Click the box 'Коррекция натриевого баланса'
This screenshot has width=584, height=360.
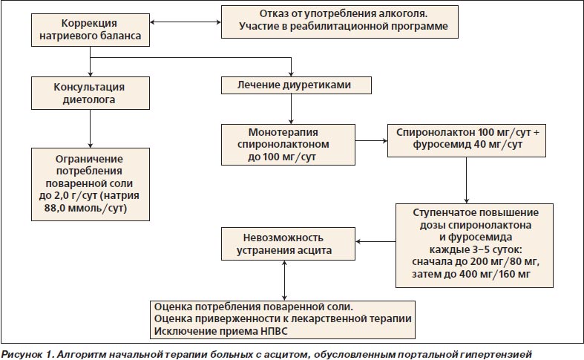(x=90, y=30)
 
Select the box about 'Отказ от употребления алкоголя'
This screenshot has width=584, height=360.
(x=340, y=22)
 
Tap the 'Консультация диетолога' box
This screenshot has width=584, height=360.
(x=90, y=94)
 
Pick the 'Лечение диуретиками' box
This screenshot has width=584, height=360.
(x=296, y=85)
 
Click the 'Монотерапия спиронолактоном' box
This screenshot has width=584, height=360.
(x=288, y=145)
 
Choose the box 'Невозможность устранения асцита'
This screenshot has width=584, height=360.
(x=288, y=243)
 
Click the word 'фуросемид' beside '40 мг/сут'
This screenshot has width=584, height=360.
(x=436, y=145)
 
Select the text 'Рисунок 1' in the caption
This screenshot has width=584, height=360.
(x=27, y=354)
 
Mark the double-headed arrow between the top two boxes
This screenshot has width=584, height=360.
(x=186, y=22)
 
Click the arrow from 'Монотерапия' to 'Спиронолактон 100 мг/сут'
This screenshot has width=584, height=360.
(x=371, y=141)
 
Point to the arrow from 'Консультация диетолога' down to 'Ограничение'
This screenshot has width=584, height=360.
(x=90, y=128)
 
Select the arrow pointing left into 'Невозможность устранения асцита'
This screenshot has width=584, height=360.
(x=375, y=241)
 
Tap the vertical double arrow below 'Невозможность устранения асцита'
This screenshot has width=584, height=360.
(x=284, y=281)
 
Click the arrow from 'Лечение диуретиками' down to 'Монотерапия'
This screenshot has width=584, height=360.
(x=291, y=109)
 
